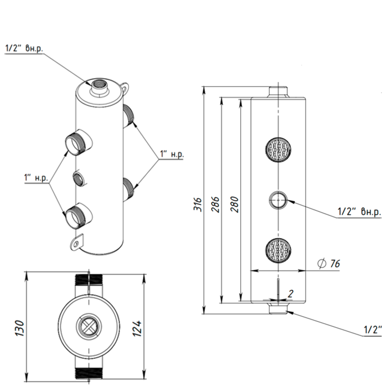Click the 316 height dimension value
click(x=198, y=204)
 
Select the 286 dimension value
click(x=215, y=204)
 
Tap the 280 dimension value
click(x=234, y=204)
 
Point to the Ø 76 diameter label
click(x=329, y=263)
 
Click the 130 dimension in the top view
click(x=20, y=328)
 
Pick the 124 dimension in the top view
click(x=137, y=328)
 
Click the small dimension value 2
click(x=291, y=294)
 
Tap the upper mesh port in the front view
click(x=278, y=150)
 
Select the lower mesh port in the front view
click(x=278, y=250)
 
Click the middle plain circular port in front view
click(x=278, y=200)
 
